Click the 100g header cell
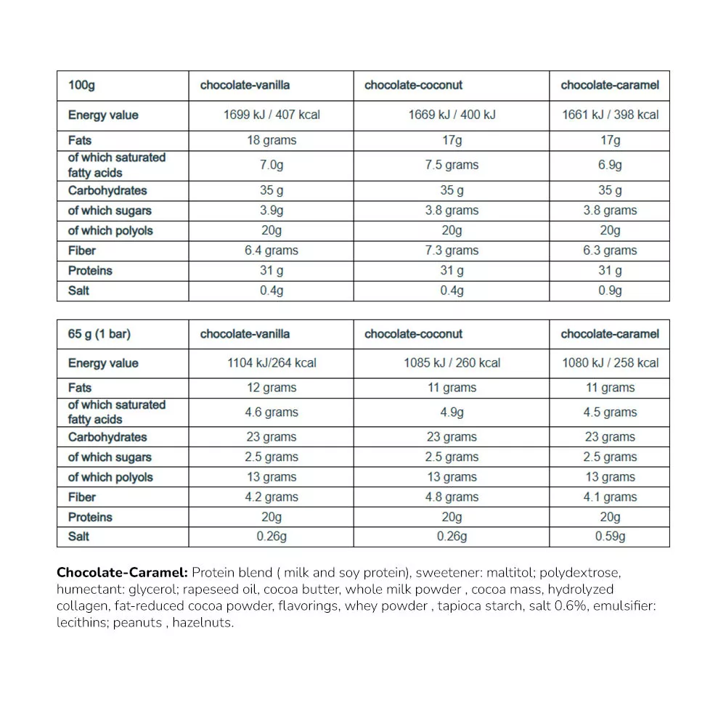tap(81, 86)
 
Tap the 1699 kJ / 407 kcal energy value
tap(272, 115)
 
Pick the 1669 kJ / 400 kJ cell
tap(452, 115)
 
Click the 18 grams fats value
tap(272, 140)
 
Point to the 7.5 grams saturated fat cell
tap(452, 165)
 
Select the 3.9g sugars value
tap(272, 211)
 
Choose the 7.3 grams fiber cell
tap(452, 250)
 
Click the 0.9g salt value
tap(610, 290)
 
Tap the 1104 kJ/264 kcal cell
tap(272, 363)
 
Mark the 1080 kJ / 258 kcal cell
tap(610, 363)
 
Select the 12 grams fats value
tap(272, 388)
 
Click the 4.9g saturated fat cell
tap(452, 412)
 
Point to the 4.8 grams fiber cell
tap(452, 497)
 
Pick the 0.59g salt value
tap(610, 537)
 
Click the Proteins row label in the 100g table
tap(90, 271)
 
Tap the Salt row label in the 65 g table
tap(79, 537)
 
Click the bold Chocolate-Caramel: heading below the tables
tap(122, 572)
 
